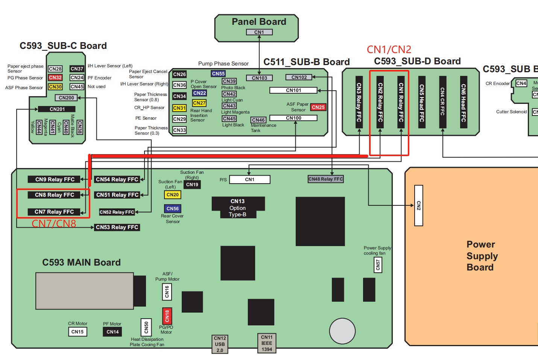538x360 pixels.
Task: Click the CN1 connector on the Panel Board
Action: pyautogui.click(x=259, y=32)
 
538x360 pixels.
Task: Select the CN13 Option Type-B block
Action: pyautogui.click(x=238, y=208)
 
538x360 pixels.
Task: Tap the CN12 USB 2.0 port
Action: pyautogui.click(x=220, y=344)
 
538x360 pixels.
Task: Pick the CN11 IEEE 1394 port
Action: pyautogui.click(x=267, y=343)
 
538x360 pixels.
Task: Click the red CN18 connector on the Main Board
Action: pyautogui.click(x=167, y=316)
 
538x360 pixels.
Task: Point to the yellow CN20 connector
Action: pyautogui.click(x=173, y=194)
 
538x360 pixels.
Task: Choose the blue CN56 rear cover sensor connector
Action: pyautogui.click(x=173, y=208)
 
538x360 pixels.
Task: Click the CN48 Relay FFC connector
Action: pyautogui.click(x=326, y=179)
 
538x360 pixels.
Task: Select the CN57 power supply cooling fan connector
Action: pyautogui.click(x=378, y=265)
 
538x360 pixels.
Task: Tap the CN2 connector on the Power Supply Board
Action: pyautogui.click(x=419, y=205)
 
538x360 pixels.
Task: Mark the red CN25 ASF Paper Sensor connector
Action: pyautogui.click(x=318, y=107)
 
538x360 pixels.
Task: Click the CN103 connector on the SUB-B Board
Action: pyautogui.click(x=260, y=78)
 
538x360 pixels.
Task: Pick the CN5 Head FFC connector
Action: pyautogui.click(x=422, y=102)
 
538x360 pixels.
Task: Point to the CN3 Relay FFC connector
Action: pyautogui.click(x=359, y=102)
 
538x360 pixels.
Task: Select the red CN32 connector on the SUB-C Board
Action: pyautogui.click(x=55, y=77)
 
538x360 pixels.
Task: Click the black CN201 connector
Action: pyautogui.click(x=57, y=109)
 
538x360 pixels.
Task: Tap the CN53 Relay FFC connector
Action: pyautogui.click(x=117, y=227)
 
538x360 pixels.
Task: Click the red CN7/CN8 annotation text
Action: pyautogui.click(x=54, y=224)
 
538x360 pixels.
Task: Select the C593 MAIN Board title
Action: pyautogui.click(x=81, y=262)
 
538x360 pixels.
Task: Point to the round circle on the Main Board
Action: pyautogui.click(x=342, y=331)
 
